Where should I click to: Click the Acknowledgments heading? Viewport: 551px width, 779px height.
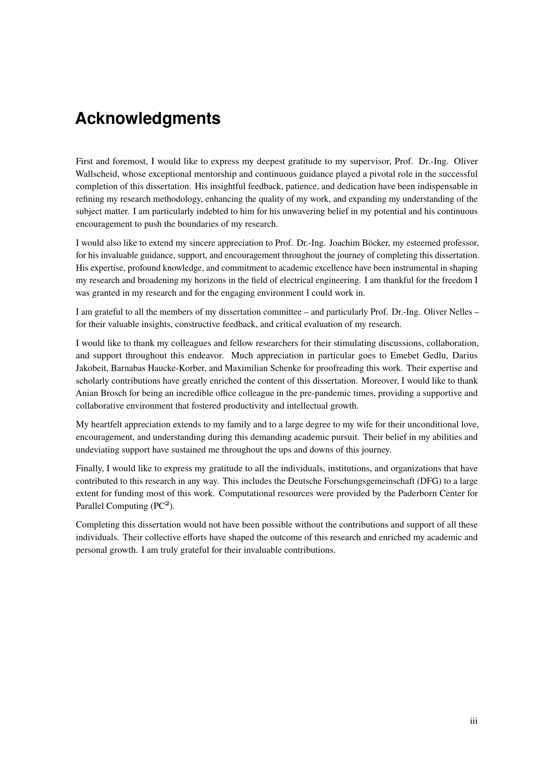click(x=148, y=119)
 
